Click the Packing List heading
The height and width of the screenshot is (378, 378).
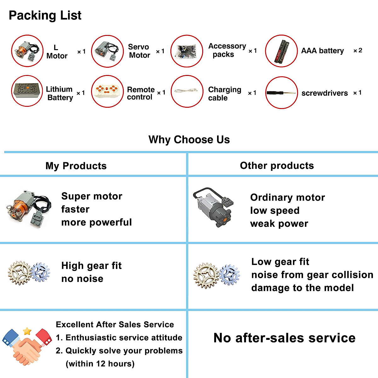click(x=45, y=15)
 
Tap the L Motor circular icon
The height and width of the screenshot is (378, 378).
click(x=27, y=51)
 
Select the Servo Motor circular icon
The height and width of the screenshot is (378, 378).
click(x=107, y=51)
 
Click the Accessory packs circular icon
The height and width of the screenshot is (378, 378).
click(x=187, y=51)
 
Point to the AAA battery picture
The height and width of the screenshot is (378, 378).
click(x=281, y=51)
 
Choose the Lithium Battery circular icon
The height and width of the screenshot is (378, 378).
click(x=27, y=91)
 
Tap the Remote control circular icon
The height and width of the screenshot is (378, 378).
click(x=107, y=91)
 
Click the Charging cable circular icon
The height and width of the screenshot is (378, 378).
click(x=187, y=91)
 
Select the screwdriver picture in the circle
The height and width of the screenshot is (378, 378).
click(x=281, y=93)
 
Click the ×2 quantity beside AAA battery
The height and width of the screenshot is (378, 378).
click(x=358, y=50)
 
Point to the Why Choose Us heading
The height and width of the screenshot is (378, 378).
click(x=189, y=140)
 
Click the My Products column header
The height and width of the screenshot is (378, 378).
click(x=76, y=166)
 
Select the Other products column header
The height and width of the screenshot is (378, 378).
click(x=277, y=166)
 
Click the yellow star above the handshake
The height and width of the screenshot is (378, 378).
click(x=27, y=331)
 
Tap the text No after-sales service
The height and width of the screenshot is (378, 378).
click(x=284, y=338)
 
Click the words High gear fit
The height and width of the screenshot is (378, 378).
click(x=91, y=266)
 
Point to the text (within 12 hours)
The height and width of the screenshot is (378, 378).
click(x=100, y=364)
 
